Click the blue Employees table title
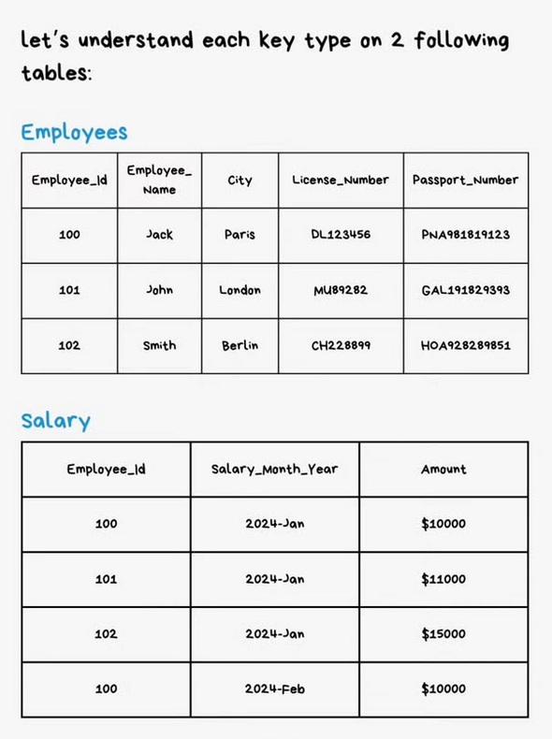click(x=74, y=132)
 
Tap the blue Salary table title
click(x=56, y=420)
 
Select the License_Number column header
click(x=341, y=180)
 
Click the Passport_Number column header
click(x=465, y=180)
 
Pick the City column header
click(x=240, y=180)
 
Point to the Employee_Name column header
click(x=159, y=180)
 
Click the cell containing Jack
click(x=159, y=235)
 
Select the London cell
click(x=240, y=290)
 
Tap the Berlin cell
click(x=240, y=345)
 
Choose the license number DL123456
click(x=341, y=235)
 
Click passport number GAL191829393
click(x=465, y=290)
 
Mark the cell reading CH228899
click(x=341, y=345)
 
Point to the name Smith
click(x=159, y=345)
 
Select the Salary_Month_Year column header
click(x=274, y=469)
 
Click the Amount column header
click(x=443, y=469)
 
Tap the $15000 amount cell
click(x=443, y=634)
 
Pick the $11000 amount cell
click(x=443, y=579)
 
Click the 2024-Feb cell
click(x=274, y=689)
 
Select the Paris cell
click(x=240, y=235)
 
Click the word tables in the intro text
click(x=55, y=73)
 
